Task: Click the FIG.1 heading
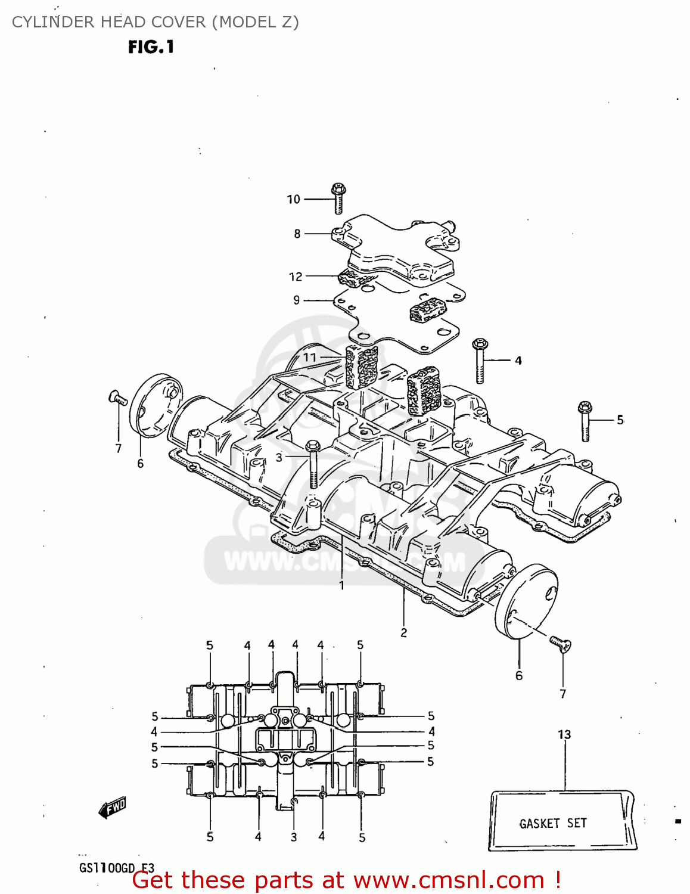[151, 47]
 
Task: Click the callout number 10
[293, 200]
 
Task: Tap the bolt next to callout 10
[338, 198]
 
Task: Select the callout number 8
[297, 234]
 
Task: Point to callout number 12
[296, 277]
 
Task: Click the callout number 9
[296, 300]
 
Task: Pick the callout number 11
[309, 358]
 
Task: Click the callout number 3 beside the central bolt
[279, 458]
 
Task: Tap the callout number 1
[341, 586]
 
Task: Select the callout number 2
[403, 633]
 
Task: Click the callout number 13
[564, 735]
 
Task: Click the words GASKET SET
[553, 824]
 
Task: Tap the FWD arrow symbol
[112, 809]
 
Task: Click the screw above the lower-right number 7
[560, 644]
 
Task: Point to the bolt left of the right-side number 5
[585, 421]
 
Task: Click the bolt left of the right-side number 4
[480, 360]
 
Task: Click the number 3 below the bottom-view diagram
[294, 837]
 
